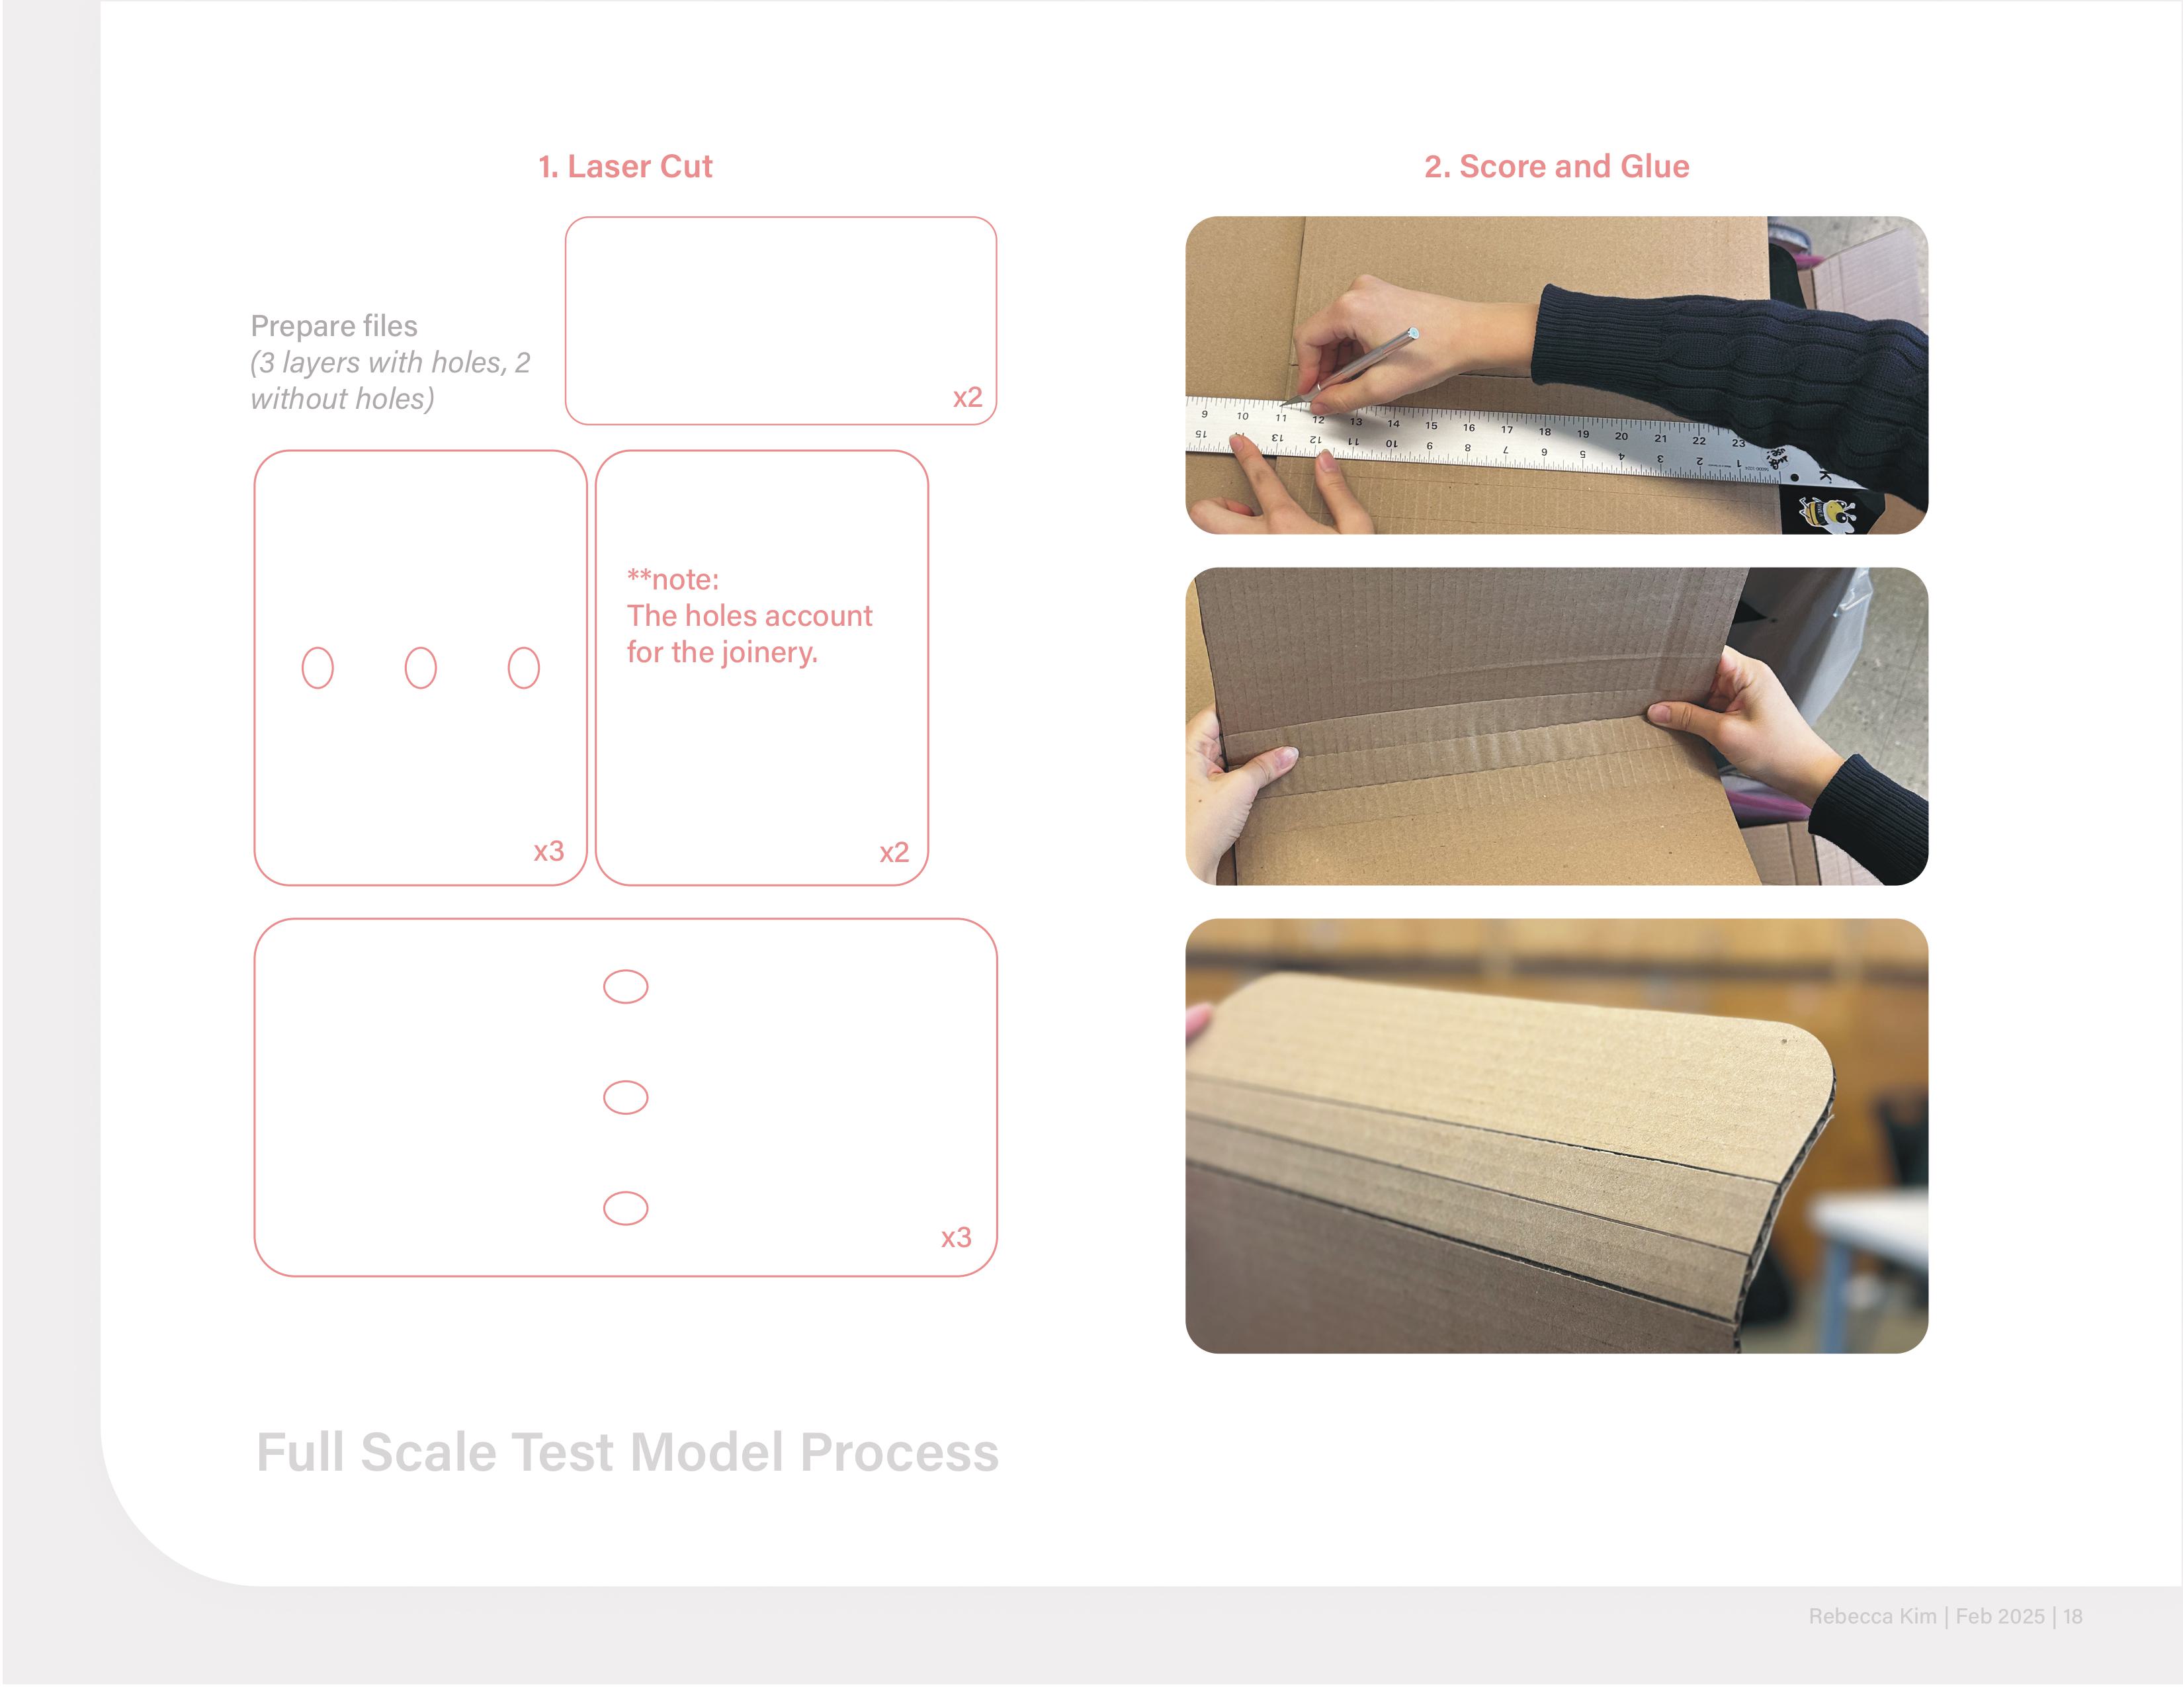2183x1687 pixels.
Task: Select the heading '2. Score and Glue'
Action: click(x=1557, y=166)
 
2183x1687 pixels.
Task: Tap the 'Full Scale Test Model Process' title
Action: click(x=628, y=1452)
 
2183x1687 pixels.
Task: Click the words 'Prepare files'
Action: click(x=334, y=327)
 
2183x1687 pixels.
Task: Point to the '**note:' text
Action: click(x=673, y=580)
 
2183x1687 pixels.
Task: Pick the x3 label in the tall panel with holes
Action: click(x=549, y=851)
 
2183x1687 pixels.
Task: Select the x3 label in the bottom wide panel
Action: click(x=956, y=1237)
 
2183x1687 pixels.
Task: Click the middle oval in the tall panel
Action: click(x=421, y=648)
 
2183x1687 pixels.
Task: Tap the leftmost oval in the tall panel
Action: click(x=318, y=648)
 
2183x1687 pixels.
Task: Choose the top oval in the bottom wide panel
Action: click(x=626, y=971)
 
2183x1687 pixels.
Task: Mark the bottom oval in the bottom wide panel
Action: click(x=626, y=1192)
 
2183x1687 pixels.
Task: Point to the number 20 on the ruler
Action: click(x=1621, y=436)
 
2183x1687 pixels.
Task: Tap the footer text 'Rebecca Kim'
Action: click(x=1872, y=1616)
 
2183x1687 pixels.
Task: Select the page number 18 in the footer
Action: click(x=2073, y=1616)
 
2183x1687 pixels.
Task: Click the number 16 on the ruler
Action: click(x=1469, y=428)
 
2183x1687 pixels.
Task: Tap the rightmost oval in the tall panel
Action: click(x=524, y=648)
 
